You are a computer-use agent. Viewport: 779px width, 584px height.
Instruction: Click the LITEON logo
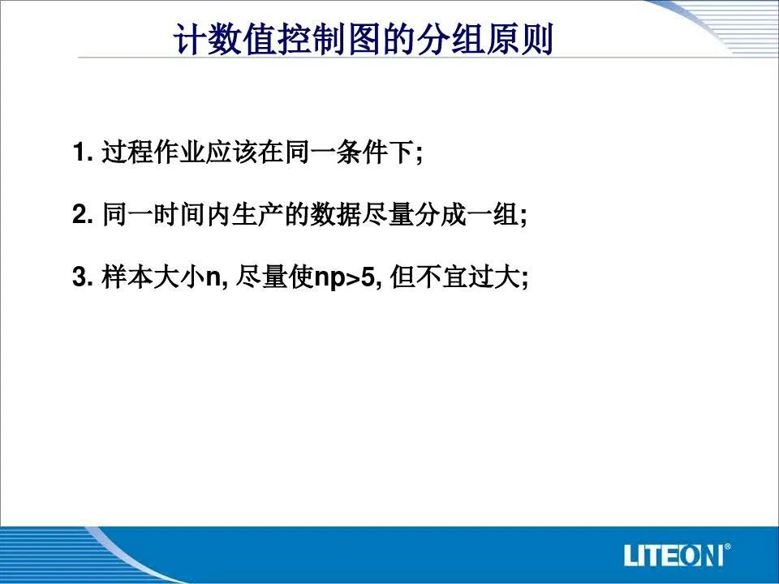click(677, 555)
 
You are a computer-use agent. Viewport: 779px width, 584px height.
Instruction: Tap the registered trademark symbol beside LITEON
click(727, 547)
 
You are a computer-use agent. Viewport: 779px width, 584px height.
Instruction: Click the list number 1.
click(83, 152)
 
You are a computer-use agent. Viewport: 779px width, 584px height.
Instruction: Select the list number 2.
click(83, 214)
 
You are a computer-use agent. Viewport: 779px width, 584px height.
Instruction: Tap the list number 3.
click(83, 277)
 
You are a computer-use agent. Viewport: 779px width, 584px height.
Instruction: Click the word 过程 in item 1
click(127, 152)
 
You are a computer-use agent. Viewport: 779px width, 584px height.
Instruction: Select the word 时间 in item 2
click(179, 214)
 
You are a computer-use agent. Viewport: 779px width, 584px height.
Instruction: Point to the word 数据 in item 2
click(335, 214)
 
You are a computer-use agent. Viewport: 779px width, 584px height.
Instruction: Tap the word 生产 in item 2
click(257, 214)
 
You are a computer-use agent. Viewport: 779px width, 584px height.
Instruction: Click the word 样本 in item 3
click(127, 277)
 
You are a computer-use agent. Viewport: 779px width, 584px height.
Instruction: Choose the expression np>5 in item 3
click(344, 278)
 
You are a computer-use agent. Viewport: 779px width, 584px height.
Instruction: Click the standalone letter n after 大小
click(213, 279)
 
